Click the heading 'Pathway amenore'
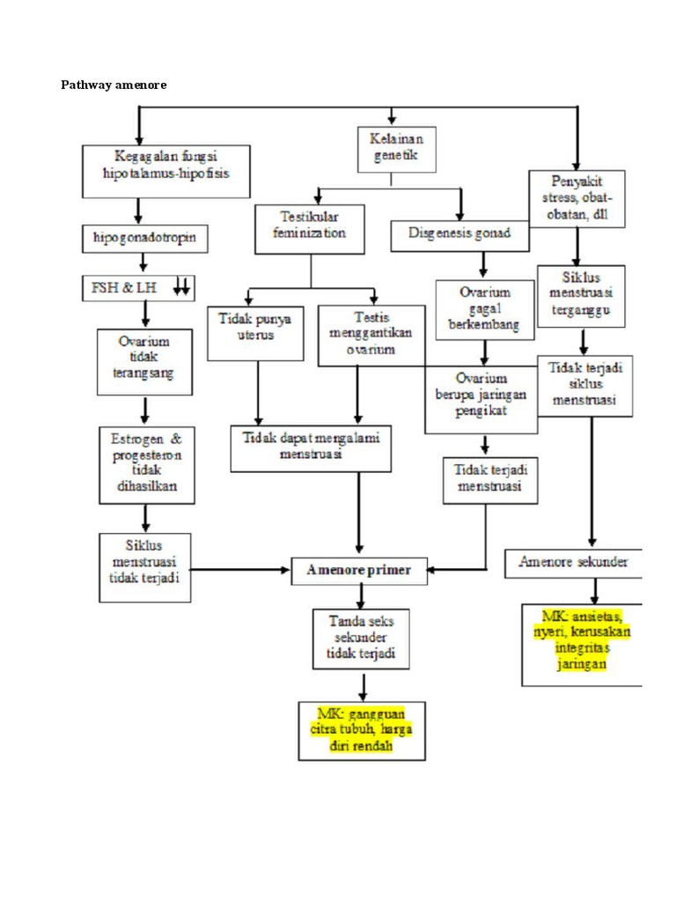click(x=113, y=85)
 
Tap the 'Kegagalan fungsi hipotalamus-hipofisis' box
click(x=165, y=171)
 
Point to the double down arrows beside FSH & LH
click(x=181, y=286)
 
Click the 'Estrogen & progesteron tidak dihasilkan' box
click(x=147, y=465)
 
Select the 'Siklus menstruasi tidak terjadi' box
click(x=144, y=566)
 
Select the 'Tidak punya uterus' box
click(x=255, y=332)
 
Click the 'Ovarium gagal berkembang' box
click(x=485, y=309)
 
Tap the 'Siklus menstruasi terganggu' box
click(x=581, y=296)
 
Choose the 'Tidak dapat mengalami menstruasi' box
click(x=311, y=449)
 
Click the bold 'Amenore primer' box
click(x=359, y=570)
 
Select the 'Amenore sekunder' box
click(x=573, y=563)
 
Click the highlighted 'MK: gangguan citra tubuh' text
click(x=361, y=729)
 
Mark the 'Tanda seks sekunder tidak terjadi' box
click(x=361, y=638)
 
